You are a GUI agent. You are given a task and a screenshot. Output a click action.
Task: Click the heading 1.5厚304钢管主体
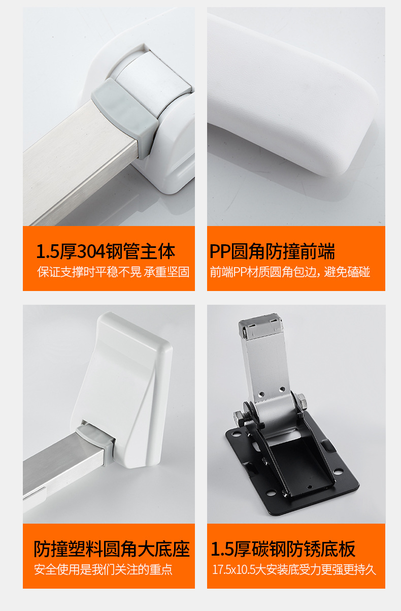(106, 251)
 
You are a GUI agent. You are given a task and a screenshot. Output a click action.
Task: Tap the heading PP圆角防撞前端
(272, 251)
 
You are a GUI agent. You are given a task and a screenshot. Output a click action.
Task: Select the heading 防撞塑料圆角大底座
(112, 549)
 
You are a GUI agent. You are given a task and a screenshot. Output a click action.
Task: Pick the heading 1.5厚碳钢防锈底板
(283, 549)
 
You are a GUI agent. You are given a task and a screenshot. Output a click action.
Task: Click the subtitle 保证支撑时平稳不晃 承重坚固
(113, 272)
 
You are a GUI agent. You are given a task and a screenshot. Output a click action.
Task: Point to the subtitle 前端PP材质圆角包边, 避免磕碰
(290, 272)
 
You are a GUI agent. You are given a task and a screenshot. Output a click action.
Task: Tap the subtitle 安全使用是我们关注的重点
(103, 569)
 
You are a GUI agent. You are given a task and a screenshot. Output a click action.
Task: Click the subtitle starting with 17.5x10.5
(294, 569)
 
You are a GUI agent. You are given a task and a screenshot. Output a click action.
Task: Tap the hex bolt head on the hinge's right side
(300, 401)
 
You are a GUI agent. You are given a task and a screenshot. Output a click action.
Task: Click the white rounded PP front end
(292, 93)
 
